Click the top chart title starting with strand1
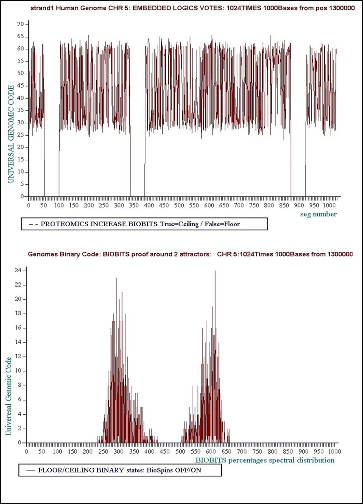pyautogui.click(x=192, y=8)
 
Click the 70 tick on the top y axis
pyautogui.click(x=21, y=24)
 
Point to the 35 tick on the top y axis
pyautogui.click(x=21, y=110)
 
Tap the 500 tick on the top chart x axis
pyautogui.click(x=179, y=205)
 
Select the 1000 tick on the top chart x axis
pyautogui.click(x=329, y=205)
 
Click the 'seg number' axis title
pyautogui.click(x=318, y=214)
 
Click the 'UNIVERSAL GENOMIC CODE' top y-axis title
pyautogui.click(x=11, y=134)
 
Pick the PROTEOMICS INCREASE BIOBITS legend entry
pyautogui.click(x=140, y=224)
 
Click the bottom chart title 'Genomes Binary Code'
pyautogui.click(x=190, y=254)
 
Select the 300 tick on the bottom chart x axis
pyautogui.click(x=119, y=451)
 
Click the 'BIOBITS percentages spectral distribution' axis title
pyautogui.click(x=265, y=460)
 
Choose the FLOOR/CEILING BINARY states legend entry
pyautogui.click(x=119, y=470)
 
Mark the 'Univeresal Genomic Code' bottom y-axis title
pyautogui.click(x=8, y=396)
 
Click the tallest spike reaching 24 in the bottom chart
pyautogui.click(x=215, y=271)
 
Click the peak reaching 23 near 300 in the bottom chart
pyautogui.click(x=116, y=278)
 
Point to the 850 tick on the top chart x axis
pyautogui.click(x=284, y=205)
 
